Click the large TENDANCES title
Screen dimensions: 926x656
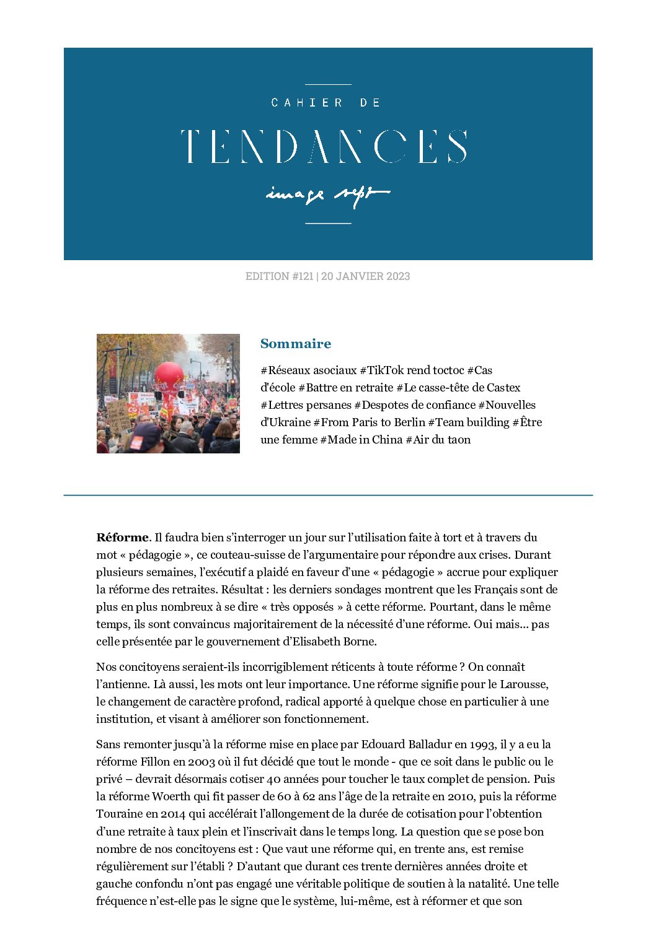pos(324,147)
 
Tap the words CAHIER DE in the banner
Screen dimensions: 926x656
pos(326,103)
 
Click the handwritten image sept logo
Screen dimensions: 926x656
pos(327,194)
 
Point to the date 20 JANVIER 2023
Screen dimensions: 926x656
pos(365,276)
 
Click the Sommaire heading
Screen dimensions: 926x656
pos(296,344)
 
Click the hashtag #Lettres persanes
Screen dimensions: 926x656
pos(306,405)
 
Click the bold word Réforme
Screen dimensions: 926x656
pos(122,538)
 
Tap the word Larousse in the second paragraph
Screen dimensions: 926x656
pos(525,684)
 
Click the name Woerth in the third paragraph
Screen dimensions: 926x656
pos(171,797)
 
